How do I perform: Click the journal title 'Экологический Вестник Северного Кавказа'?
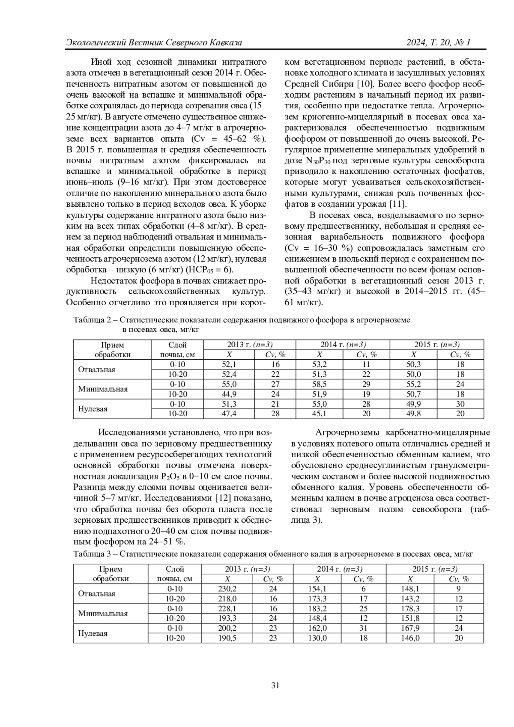pos(155,43)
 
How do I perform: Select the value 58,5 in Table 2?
pos(320,384)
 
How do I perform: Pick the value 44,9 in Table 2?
pos(229,394)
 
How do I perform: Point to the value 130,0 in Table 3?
pos(317,638)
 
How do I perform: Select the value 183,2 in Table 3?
pos(317,608)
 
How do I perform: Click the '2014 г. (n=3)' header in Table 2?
pos(343,345)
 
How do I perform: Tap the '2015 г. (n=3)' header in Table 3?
pos(434,569)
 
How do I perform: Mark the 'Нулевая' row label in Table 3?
pos(93,633)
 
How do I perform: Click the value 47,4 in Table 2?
pos(229,414)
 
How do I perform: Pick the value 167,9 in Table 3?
pos(410,628)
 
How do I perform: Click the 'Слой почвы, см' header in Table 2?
pos(177,349)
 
